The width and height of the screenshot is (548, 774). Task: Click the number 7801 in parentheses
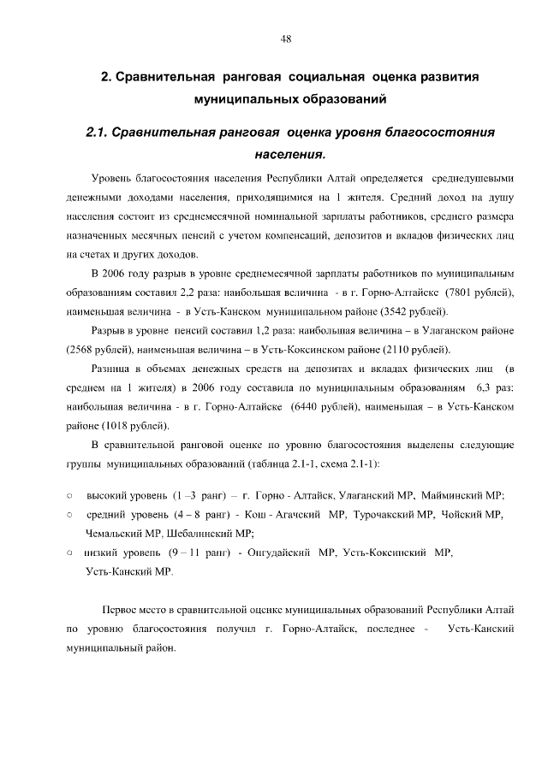point(450,292)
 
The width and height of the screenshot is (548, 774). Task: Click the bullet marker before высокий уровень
point(69,495)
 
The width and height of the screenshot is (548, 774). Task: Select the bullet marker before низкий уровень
point(69,552)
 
